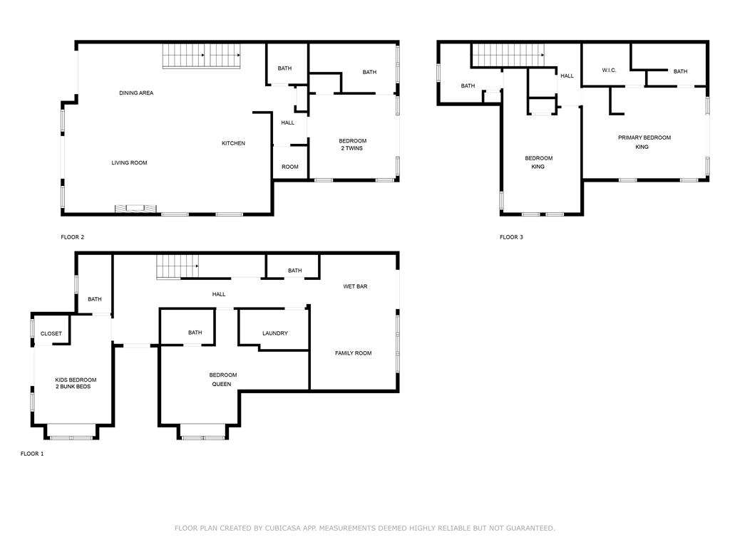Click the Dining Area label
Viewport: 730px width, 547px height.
click(136, 93)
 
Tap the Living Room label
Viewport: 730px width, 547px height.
click(129, 163)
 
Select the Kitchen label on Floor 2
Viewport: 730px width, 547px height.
click(233, 143)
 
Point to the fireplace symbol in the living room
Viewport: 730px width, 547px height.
click(135, 209)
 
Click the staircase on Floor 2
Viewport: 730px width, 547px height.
click(201, 56)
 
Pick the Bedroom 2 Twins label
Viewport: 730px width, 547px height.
click(352, 145)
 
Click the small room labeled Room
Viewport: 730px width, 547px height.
click(290, 167)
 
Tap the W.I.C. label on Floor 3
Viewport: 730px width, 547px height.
click(609, 71)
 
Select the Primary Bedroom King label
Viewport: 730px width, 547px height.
click(644, 142)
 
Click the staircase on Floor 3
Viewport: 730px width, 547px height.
click(508, 56)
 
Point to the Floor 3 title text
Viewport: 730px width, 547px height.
click(511, 237)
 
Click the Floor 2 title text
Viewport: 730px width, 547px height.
click(72, 237)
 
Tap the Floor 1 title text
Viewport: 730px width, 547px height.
click(32, 454)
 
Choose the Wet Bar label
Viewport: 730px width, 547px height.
click(355, 286)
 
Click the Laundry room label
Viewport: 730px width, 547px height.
click(274, 333)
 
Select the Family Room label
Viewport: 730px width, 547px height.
click(354, 353)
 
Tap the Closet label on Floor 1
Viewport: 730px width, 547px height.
click(51, 334)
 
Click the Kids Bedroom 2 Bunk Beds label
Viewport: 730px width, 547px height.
click(76, 383)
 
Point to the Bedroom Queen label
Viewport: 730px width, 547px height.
click(222, 380)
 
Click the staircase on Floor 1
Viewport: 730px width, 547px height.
click(178, 267)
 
